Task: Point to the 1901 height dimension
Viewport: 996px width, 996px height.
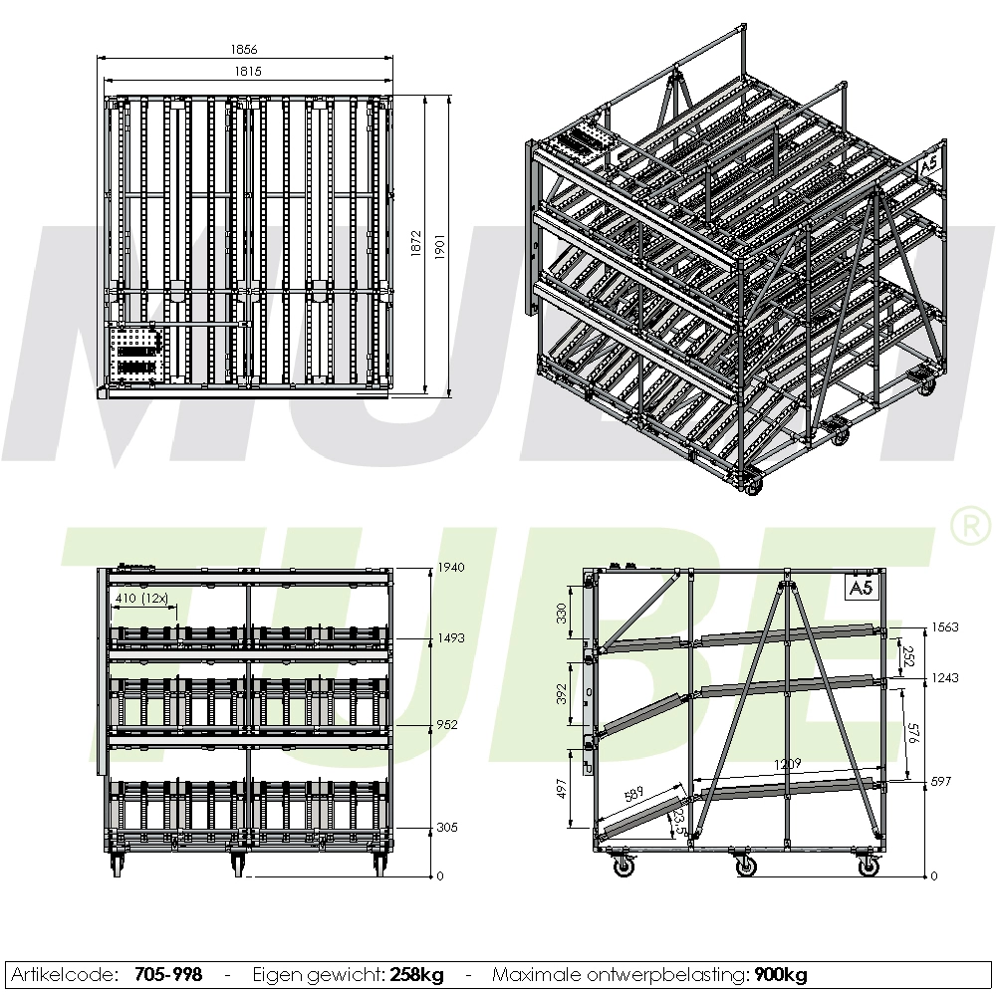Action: pyautogui.click(x=439, y=245)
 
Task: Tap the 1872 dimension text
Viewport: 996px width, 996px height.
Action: pyautogui.click(x=416, y=245)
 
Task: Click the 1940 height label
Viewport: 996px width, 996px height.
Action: pyautogui.click(x=451, y=568)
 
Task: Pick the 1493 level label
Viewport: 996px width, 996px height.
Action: pyautogui.click(x=451, y=638)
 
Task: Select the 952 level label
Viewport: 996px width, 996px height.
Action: pyautogui.click(x=447, y=725)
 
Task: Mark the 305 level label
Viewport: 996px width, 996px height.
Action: pyautogui.click(x=447, y=828)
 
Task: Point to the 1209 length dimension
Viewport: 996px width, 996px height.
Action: pyautogui.click(x=787, y=764)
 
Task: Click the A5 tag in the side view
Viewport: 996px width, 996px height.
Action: pyautogui.click(x=861, y=588)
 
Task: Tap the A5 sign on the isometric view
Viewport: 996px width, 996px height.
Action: pyautogui.click(x=928, y=164)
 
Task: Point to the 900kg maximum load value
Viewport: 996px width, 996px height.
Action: pyautogui.click(x=780, y=974)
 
